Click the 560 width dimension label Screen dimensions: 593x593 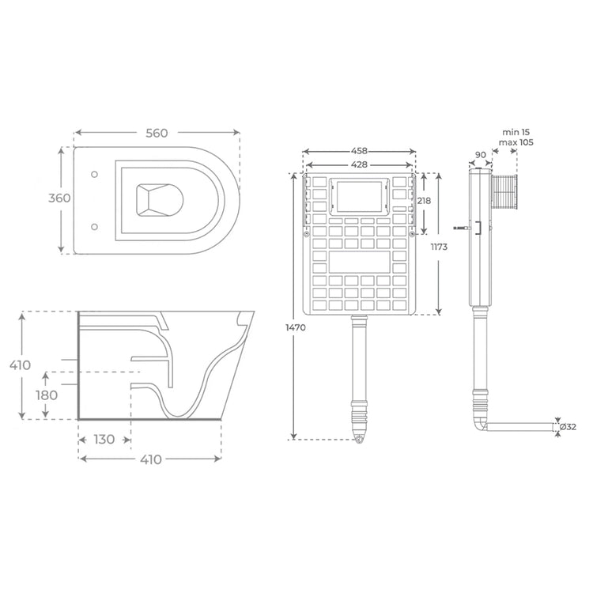point(157,133)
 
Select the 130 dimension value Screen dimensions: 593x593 point(104,439)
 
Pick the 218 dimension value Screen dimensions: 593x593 point(424,202)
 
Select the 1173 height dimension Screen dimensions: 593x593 point(439,248)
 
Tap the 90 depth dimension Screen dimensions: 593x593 point(480,156)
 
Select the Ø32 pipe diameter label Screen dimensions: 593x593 point(569,428)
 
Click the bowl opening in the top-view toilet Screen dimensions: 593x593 point(159,199)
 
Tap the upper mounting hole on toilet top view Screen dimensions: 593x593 point(96,173)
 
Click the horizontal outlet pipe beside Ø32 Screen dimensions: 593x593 point(522,428)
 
